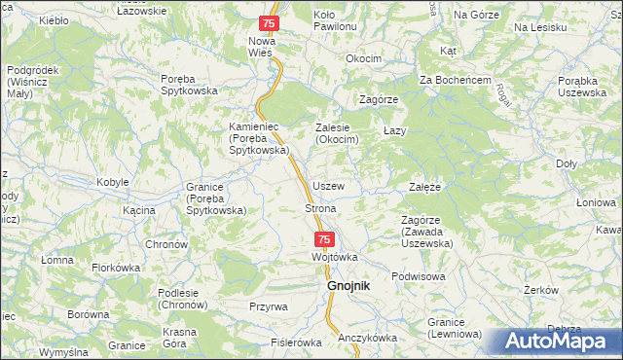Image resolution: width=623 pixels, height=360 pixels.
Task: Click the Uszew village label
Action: pyautogui.click(x=328, y=186)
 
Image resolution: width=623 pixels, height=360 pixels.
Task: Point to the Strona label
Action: pyautogui.click(x=321, y=209)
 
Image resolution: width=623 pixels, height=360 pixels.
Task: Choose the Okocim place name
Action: pyautogui.click(x=364, y=58)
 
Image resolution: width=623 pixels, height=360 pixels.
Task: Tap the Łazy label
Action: pyautogui.click(x=394, y=130)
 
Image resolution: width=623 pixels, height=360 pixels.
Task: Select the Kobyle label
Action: pyautogui.click(x=113, y=183)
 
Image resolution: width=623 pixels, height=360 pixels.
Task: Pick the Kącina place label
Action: pyautogui.click(x=140, y=210)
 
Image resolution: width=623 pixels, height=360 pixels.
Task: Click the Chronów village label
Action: pyautogui.click(x=165, y=244)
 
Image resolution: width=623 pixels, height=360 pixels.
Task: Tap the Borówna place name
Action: pyautogui.click(x=89, y=315)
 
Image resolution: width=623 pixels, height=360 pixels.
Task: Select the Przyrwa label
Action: pyautogui.click(x=268, y=306)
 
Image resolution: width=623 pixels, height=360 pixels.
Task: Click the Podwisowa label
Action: pyautogui.click(x=419, y=276)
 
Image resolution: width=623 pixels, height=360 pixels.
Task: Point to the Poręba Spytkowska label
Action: pyautogui.click(x=193, y=85)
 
